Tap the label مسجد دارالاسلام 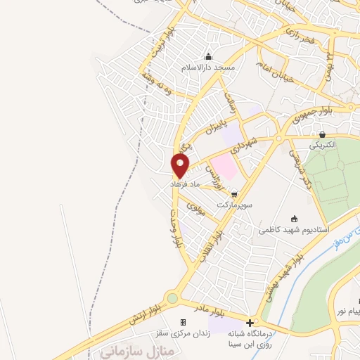pos(208,67)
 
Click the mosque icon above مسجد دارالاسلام pos(208,57)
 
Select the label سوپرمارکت pos(233,204)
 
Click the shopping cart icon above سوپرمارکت pos(234,194)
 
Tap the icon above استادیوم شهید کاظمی pos(294,219)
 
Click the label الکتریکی pos(323,145)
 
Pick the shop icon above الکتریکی pos(322,134)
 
